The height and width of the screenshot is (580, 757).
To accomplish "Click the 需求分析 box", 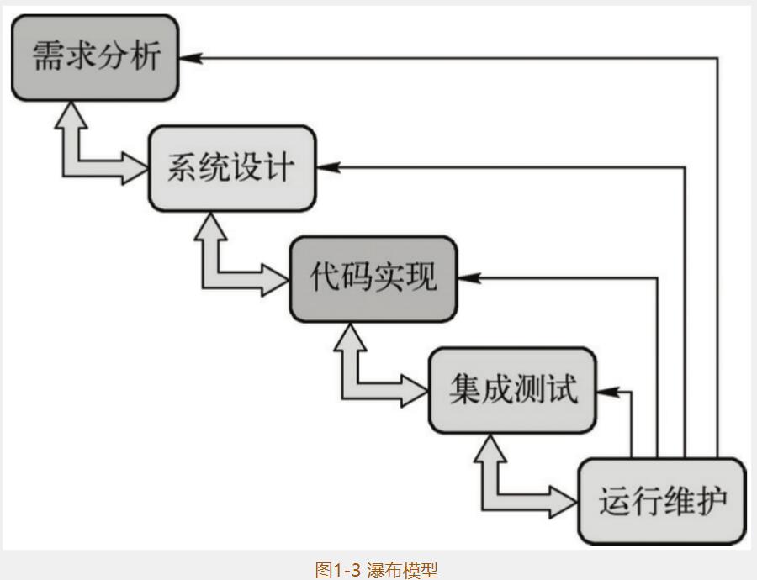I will tap(95, 58).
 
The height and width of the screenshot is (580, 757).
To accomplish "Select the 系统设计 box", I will tap(232, 167).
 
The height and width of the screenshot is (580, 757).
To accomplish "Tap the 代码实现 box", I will tap(373, 278).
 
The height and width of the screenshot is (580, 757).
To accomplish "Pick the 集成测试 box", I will tap(513, 389).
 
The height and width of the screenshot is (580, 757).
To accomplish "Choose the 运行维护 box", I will tap(662, 501).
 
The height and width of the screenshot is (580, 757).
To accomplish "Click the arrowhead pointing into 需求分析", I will tap(192, 58).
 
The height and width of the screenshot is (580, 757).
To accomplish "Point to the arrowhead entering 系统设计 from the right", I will tap(329, 166).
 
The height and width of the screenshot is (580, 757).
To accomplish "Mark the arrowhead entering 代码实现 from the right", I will tap(470, 277).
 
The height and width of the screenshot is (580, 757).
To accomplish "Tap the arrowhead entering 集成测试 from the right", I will tap(609, 390).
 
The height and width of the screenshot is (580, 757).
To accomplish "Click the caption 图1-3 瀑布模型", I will tap(377, 570).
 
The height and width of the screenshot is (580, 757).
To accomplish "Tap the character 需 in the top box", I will tap(48, 58).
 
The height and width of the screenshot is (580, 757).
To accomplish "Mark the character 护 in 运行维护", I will tap(709, 501).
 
